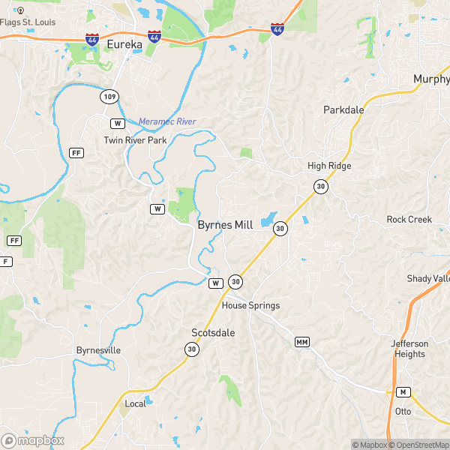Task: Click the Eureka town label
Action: click(x=124, y=45)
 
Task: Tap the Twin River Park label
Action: click(x=135, y=140)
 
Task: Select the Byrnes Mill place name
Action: click(x=225, y=224)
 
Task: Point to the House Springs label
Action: click(x=250, y=305)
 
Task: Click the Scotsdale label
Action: click(x=214, y=331)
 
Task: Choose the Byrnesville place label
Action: click(x=98, y=350)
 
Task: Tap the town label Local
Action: click(x=136, y=403)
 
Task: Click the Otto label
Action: click(x=403, y=411)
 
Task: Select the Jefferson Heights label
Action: click(x=409, y=349)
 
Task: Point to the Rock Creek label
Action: click(x=409, y=219)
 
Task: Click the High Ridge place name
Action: click(x=329, y=166)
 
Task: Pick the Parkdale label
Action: click(x=343, y=109)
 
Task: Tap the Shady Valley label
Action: click(x=428, y=278)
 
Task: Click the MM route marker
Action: click(x=302, y=342)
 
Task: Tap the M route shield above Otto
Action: click(x=403, y=392)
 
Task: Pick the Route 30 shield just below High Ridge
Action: click(x=321, y=186)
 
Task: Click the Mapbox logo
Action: click(x=33, y=440)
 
